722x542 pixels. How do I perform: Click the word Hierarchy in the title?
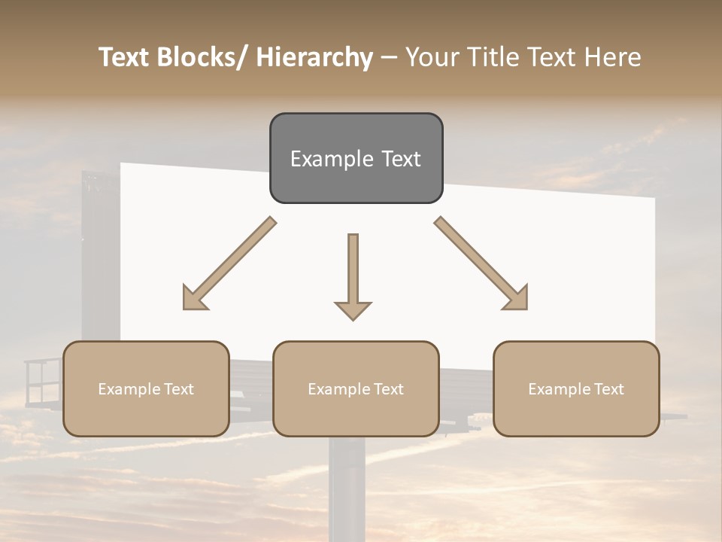tap(314, 57)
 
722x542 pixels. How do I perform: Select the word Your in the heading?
tap(432, 57)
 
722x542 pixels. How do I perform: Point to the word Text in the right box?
tap(608, 389)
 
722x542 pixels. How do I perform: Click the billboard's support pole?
tap(347, 489)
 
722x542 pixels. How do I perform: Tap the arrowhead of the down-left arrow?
tap(193, 298)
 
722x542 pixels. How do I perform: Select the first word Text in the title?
tap(126, 57)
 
